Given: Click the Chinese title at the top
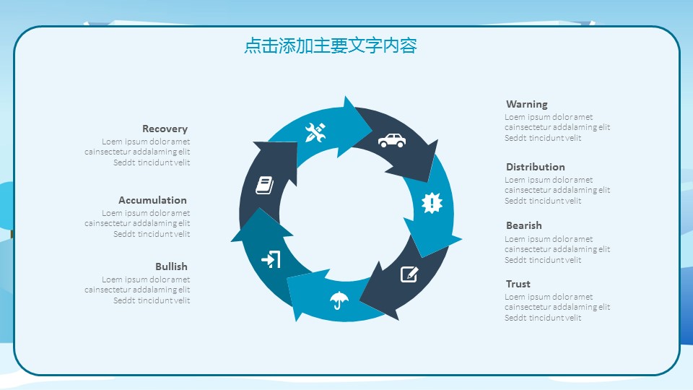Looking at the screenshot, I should pos(331,46).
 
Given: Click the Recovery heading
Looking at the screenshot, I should pos(165,129).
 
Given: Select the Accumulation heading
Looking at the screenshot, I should pos(152,200).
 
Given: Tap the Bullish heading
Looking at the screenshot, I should pos(171,266).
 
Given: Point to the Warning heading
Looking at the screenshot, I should pos(526,104).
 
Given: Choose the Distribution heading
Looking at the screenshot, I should pos(535,167).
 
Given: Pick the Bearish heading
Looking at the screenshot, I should pos(523,225).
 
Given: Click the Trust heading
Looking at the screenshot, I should pos(518,284).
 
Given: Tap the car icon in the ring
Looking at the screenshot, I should pos(391,140).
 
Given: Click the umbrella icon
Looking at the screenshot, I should pos(338,299).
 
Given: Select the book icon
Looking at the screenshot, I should pos(265,185).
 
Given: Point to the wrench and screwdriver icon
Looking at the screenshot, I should pos(315,132).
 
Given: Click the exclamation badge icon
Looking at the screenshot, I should pos(432,203).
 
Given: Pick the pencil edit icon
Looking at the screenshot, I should pos(409,274).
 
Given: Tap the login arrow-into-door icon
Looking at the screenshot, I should pos(271,259).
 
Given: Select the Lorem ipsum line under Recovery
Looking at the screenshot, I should pos(145,142).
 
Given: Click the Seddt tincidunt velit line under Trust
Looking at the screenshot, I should pos(542,318).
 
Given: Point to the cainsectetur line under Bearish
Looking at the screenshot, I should pos(557,249).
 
